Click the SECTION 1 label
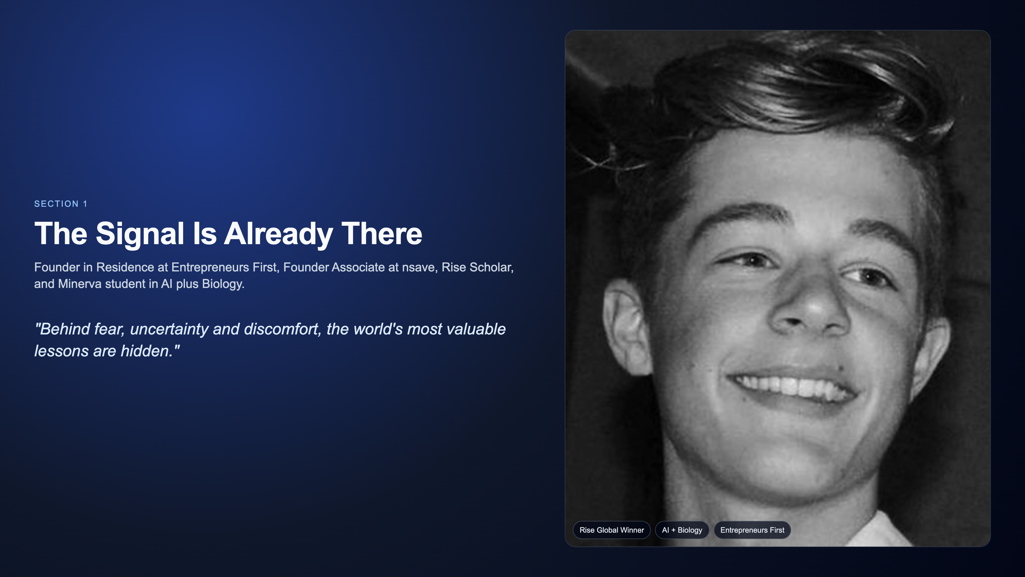[61, 204]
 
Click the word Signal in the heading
[140, 234]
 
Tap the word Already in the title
[278, 234]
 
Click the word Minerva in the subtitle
[80, 284]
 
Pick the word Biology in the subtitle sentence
[223, 284]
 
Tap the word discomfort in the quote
[282, 329]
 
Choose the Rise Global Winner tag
[612, 530]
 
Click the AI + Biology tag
[682, 530]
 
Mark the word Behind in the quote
[62, 329]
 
